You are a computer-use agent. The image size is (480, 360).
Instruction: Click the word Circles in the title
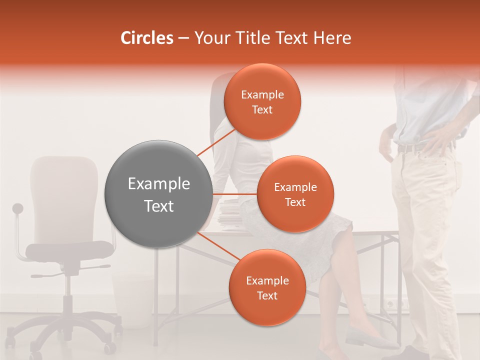pyautogui.click(x=146, y=38)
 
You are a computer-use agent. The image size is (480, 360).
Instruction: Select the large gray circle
pyautogui.click(x=158, y=194)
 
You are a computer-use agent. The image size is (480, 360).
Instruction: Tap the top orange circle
pyautogui.click(x=262, y=102)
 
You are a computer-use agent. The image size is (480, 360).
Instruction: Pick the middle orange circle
pyautogui.click(x=295, y=194)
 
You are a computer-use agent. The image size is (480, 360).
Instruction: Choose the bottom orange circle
pyautogui.click(x=267, y=287)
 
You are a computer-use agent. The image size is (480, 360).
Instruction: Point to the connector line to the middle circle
pyautogui.click(x=234, y=194)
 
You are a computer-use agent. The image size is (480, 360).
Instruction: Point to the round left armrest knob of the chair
pyautogui.click(x=18, y=208)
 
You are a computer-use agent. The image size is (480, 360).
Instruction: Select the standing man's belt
pyautogui.click(x=410, y=148)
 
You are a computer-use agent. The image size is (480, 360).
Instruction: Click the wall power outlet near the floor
pyautogui.click(x=393, y=303)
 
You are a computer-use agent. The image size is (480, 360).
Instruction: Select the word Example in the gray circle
pyautogui.click(x=158, y=184)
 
